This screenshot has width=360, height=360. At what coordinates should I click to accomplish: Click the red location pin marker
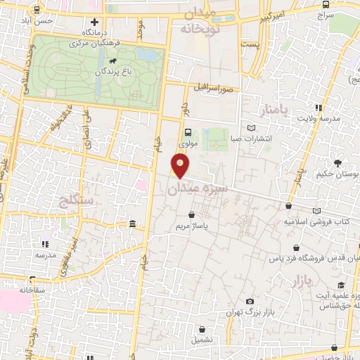click(x=181, y=166)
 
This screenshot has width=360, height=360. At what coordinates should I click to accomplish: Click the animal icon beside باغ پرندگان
click(x=124, y=70)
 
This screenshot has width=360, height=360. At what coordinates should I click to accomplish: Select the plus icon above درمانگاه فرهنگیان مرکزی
click(x=94, y=22)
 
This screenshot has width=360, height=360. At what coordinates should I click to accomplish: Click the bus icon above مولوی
click(x=188, y=132)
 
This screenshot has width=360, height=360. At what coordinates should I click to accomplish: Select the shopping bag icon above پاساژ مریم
click(x=191, y=215)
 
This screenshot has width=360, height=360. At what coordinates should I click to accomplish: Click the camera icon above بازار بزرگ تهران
click(x=250, y=302)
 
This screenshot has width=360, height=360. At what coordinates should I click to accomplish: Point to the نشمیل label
click(x=202, y=339)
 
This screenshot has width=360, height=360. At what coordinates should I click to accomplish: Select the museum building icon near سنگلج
click(x=133, y=224)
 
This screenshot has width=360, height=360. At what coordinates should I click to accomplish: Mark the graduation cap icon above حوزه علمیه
click(x=341, y=285)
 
